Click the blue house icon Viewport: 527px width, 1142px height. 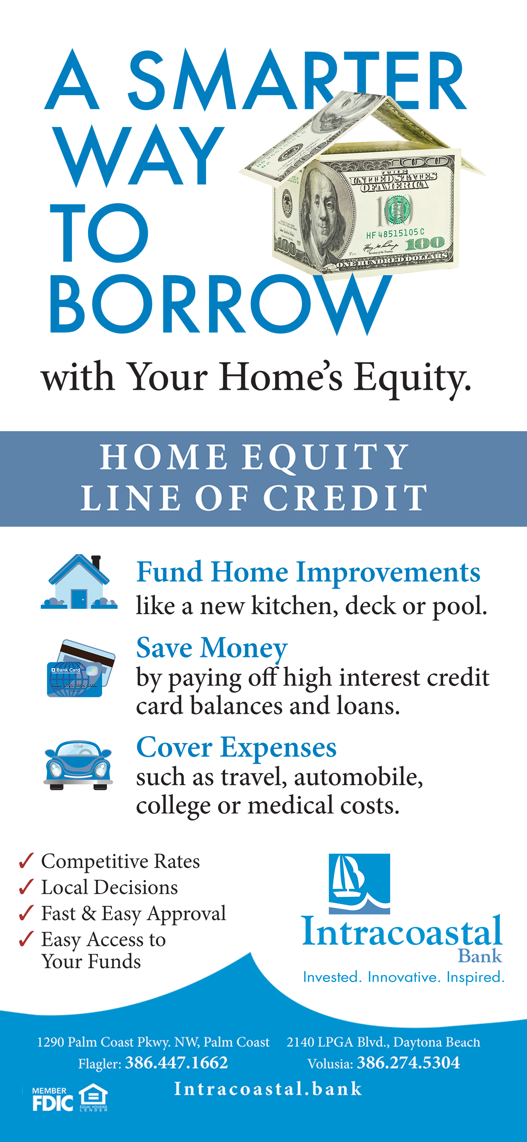(x=79, y=582)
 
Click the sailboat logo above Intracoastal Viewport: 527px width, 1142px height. (x=359, y=883)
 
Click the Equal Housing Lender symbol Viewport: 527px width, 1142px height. (x=93, y=1097)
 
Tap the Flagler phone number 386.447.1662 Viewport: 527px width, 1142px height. (x=176, y=1063)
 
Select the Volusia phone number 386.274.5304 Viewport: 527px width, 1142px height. (x=408, y=1063)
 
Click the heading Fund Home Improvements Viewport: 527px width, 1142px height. (x=308, y=572)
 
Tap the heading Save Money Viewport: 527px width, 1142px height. (x=212, y=648)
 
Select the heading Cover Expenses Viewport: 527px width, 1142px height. (x=236, y=747)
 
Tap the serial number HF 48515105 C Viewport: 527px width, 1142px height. (x=395, y=233)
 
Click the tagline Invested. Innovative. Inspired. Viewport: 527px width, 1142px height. (x=404, y=977)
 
